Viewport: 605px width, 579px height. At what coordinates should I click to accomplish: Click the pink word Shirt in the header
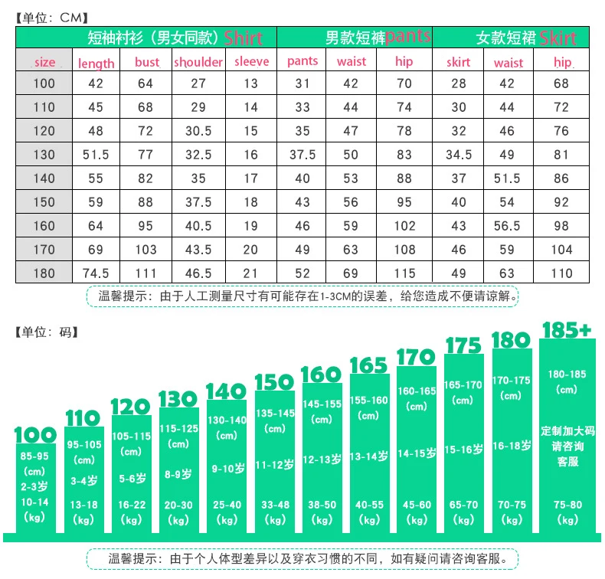[x=243, y=38]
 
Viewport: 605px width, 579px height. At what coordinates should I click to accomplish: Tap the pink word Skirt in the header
[x=558, y=38]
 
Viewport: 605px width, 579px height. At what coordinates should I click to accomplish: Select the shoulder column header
[x=198, y=62]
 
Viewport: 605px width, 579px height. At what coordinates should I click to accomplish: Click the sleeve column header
[x=251, y=61]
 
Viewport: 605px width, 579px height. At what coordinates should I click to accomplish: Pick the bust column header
[x=147, y=62]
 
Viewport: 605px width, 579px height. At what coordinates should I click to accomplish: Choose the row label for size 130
[x=44, y=155]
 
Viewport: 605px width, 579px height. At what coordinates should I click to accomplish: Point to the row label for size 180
[x=44, y=273]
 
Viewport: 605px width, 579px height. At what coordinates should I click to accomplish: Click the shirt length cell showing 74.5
[x=96, y=273]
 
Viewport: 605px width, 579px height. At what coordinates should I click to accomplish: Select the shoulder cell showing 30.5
[x=198, y=131]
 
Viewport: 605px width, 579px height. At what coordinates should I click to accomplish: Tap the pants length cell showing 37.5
[x=302, y=155]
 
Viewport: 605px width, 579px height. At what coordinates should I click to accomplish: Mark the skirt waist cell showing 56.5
[x=507, y=226]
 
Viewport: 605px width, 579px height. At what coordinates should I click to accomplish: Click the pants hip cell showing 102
[x=404, y=226]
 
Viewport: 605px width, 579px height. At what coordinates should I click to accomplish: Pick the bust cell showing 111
[x=146, y=273]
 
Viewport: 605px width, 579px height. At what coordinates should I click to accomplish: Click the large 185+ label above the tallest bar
[x=567, y=330]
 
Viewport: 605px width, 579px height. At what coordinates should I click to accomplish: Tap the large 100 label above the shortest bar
[x=35, y=435]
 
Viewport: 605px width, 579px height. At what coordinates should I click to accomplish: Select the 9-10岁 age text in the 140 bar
[x=228, y=469]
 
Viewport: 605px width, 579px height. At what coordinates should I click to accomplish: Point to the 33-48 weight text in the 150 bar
[x=275, y=505]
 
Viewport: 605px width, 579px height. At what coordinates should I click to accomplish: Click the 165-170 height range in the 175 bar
[x=463, y=384]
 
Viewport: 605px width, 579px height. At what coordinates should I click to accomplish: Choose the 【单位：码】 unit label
[x=47, y=332]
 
